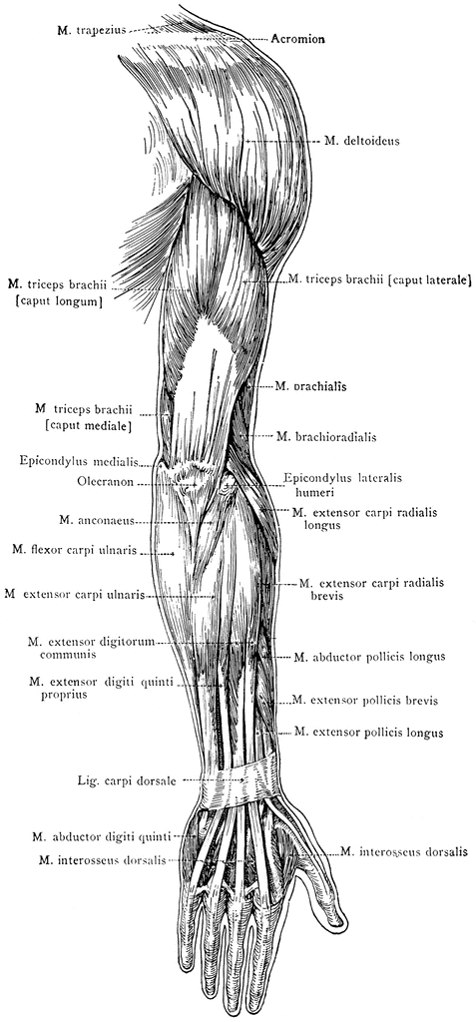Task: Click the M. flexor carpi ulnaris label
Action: (74, 551)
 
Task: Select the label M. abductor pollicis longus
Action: (369, 657)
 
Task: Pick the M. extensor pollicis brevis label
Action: (364, 701)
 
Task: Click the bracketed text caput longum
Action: (57, 301)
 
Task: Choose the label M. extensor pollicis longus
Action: (369, 732)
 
